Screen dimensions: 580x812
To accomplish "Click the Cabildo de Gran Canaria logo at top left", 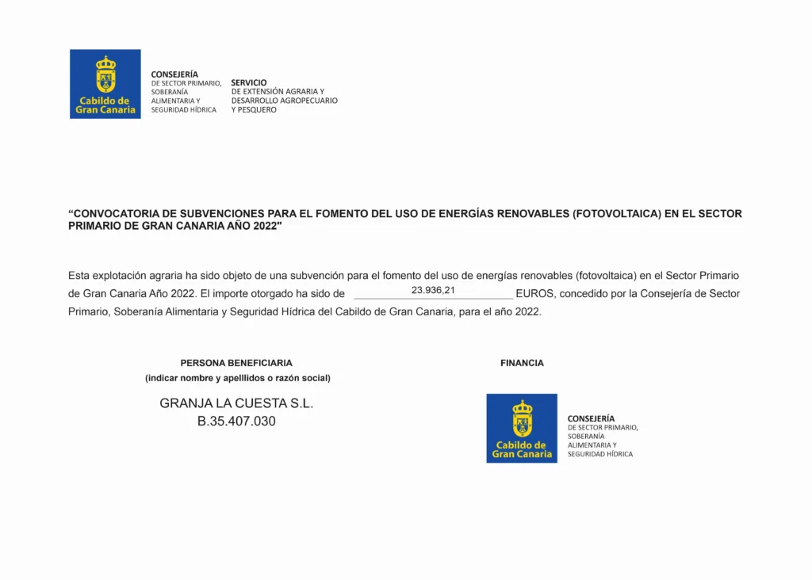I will (x=105, y=84).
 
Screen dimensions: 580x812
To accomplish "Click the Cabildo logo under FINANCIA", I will (x=522, y=428).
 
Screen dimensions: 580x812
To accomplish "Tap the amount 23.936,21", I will (x=433, y=291).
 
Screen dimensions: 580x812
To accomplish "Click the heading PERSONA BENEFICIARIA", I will (x=236, y=363).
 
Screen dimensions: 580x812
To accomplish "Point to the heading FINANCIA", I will (x=522, y=363).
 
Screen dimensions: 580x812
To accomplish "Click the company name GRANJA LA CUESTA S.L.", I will (x=236, y=403).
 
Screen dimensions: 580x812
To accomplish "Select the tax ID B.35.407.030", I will (x=236, y=422).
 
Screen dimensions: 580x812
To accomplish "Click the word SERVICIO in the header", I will (x=249, y=82).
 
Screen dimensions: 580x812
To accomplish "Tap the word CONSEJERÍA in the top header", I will (x=174, y=74).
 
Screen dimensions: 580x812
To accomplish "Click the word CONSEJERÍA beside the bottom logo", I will (x=591, y=418).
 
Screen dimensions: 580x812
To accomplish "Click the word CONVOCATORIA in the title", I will (x=121, y=214).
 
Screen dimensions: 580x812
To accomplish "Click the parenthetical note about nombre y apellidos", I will (x=238, y=378).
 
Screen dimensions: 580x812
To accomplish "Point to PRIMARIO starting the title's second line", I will (x=94, y=226).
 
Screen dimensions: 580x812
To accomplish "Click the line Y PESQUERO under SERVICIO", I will (x=254, y=110).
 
